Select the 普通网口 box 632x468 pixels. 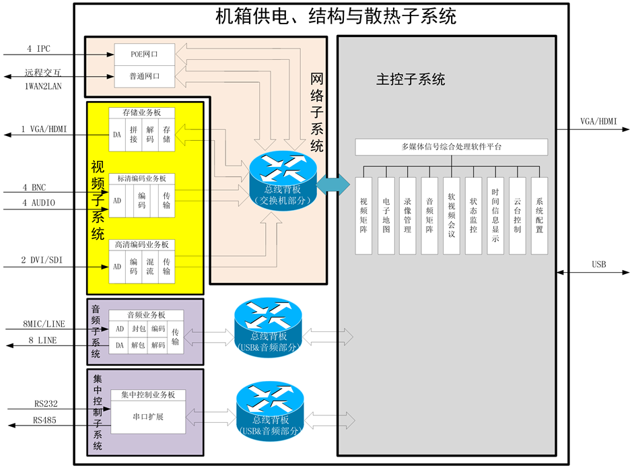tap(144, 77)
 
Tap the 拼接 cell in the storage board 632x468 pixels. tap(133, 134)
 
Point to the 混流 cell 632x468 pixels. tap(150, 266)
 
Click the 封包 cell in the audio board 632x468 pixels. tap(139, 329)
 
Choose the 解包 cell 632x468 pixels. tap(139, 345)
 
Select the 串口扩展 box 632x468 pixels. tap(147, 417)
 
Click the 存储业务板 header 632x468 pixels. tap(141, 113)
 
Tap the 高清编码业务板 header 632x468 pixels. tap(141, 244)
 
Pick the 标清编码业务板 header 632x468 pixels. tap(141, 178)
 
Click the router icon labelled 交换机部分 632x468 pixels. tap(282, 178)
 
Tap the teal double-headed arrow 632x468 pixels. tap(333, 185)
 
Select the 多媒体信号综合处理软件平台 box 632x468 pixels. tap(451, 147)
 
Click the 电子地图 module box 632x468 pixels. tap(386, 215)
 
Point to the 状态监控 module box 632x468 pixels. tap(473, 215)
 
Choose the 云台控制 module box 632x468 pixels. tap(517, 215)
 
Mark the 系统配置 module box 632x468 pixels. tap(539, 215)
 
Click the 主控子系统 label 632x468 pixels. tap(410, 79)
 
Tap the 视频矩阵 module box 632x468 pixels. tap(363, 215)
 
